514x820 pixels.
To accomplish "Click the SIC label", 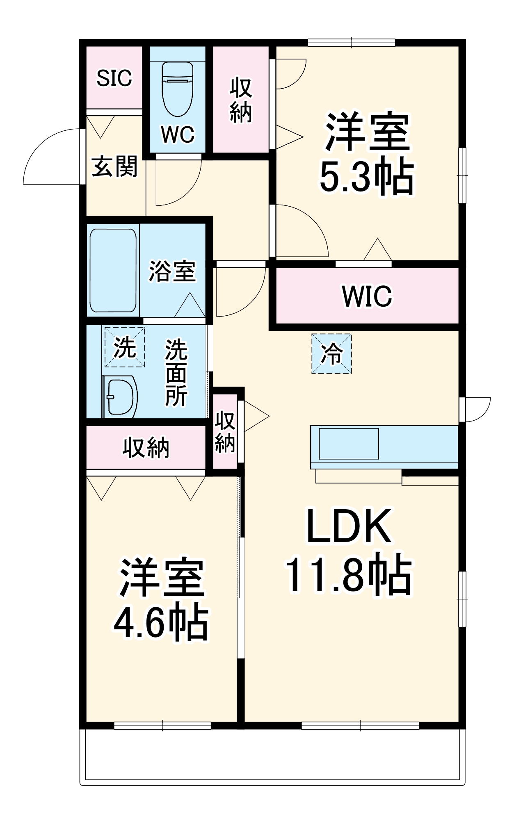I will coord(114,78).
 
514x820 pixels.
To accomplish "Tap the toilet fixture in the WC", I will coord(177,89).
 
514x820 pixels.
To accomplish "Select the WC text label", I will coord(177,134).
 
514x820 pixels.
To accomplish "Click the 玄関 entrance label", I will coord(114,167).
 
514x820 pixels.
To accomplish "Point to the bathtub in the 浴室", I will coord(113,270).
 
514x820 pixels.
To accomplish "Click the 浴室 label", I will coord(172,271).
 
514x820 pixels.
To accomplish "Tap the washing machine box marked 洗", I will coord(124,347).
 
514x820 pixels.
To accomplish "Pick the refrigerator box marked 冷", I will coord(331,353).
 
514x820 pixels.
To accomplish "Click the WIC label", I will coord(367,296).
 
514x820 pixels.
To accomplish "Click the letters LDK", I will coord(349,527).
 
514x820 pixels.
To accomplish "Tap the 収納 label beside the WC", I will coord(240,100).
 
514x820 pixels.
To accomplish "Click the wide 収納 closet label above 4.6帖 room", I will coord(146,448).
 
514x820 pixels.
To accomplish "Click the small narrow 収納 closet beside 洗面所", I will coord(225,432).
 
